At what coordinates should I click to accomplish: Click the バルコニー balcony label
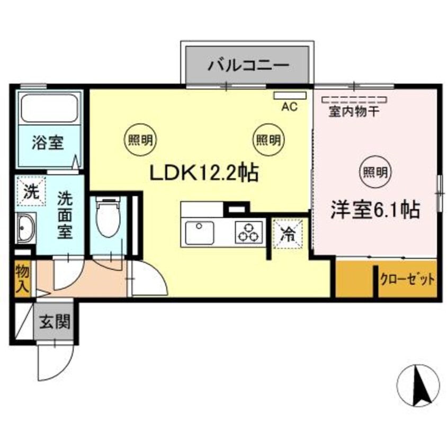coord(247,66)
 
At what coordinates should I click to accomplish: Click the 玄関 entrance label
coord(54,321)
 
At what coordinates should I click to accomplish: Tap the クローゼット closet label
coord(407,279)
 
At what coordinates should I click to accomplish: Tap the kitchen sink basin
coord(200,232)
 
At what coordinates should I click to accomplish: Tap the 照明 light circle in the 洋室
coord(375,171)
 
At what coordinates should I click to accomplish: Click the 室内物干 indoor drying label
coord(353,112)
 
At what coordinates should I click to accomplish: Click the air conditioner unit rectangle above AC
coord(290,96)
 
